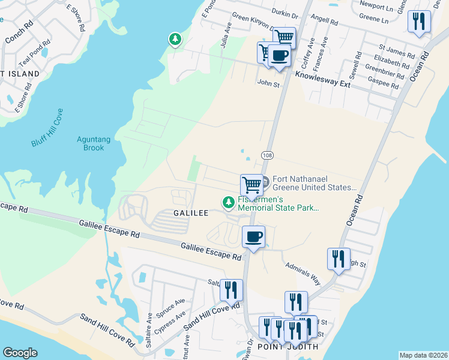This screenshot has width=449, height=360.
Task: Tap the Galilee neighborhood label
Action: point(191,213)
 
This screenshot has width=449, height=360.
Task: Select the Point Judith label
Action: point(287,347)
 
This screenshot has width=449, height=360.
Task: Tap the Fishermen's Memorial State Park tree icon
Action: point(228,203)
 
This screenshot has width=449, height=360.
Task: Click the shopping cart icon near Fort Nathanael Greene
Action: point(252,184)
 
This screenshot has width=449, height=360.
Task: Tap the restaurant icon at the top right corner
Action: point(418,22)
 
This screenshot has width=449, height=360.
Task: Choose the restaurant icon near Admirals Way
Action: point(339,259)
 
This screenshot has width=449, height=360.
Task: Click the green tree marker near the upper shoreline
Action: point(175,40)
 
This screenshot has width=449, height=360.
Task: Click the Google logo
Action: point(20,352)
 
